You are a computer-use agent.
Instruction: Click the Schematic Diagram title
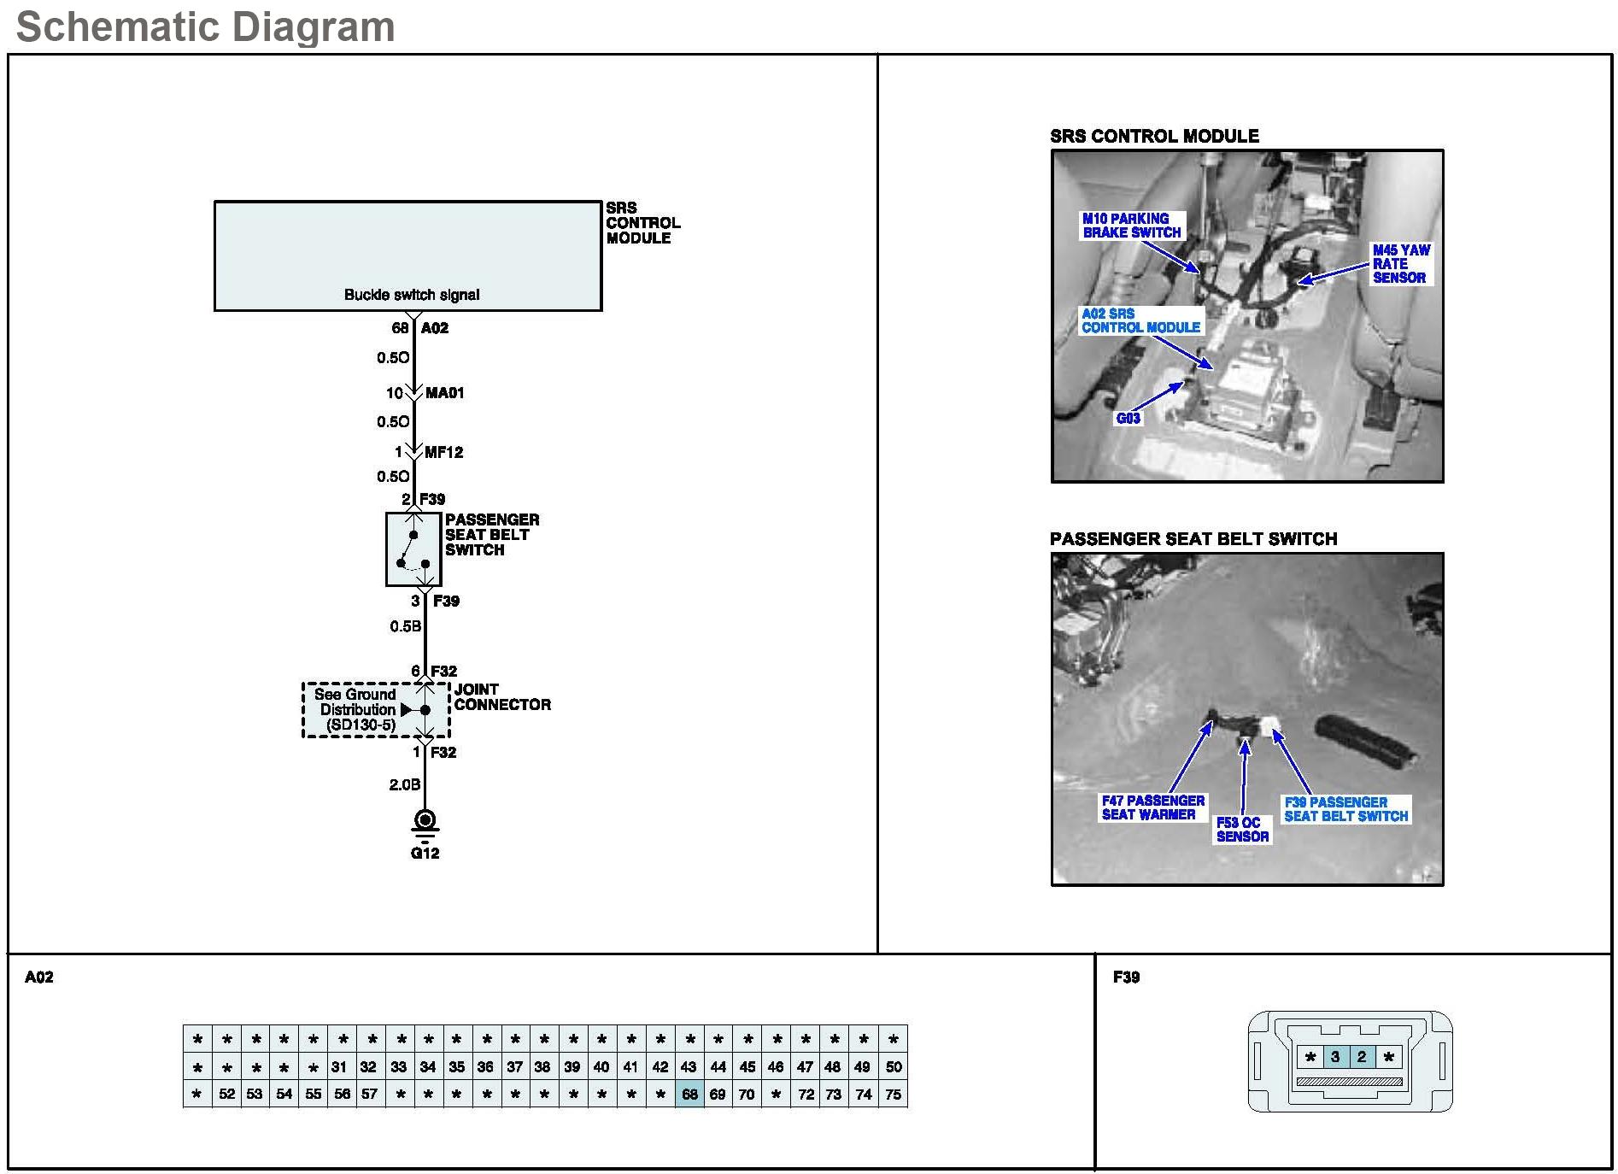point(205,26)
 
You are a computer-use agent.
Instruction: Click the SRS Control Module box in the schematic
point(407,255)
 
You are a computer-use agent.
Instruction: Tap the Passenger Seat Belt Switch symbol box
point(413,549)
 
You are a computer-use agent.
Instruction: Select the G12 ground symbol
point(425,822)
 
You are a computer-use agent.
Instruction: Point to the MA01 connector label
point(444,393)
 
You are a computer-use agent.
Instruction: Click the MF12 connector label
point(443,452)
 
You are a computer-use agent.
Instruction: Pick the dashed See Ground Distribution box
point(375,709)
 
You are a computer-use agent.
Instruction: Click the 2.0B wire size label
point(405,784)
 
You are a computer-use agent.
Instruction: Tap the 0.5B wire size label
point(405,626)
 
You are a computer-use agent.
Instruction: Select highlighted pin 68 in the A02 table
point(689,1094)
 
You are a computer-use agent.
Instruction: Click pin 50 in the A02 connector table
point(893,1066)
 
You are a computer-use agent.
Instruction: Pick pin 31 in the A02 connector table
point(340,1066)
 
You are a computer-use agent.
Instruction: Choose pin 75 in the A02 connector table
point(893,1094)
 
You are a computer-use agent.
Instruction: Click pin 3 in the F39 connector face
point(1335,1057)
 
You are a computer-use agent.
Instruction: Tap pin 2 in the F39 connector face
point(1362,1057)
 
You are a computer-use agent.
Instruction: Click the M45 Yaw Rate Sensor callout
point(1400,263)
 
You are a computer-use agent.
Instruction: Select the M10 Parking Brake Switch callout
point(1131,226)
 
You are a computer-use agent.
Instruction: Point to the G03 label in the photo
point(1128,418)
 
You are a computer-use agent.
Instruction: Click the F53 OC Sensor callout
point(1242,830)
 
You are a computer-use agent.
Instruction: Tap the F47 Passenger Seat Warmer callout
point(1152,807)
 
